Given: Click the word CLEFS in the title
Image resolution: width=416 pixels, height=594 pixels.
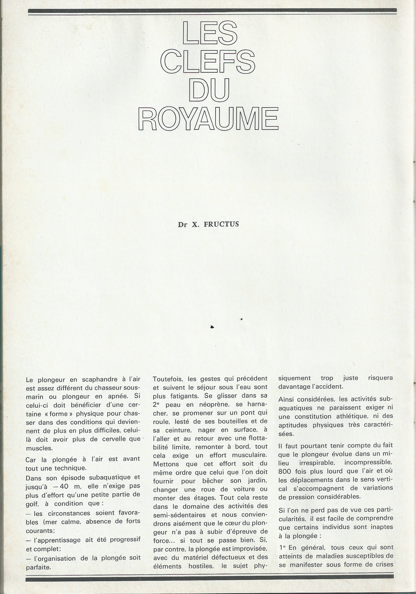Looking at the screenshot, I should point(208,61).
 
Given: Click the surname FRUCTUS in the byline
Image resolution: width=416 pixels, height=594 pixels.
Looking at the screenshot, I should point(221,224).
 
